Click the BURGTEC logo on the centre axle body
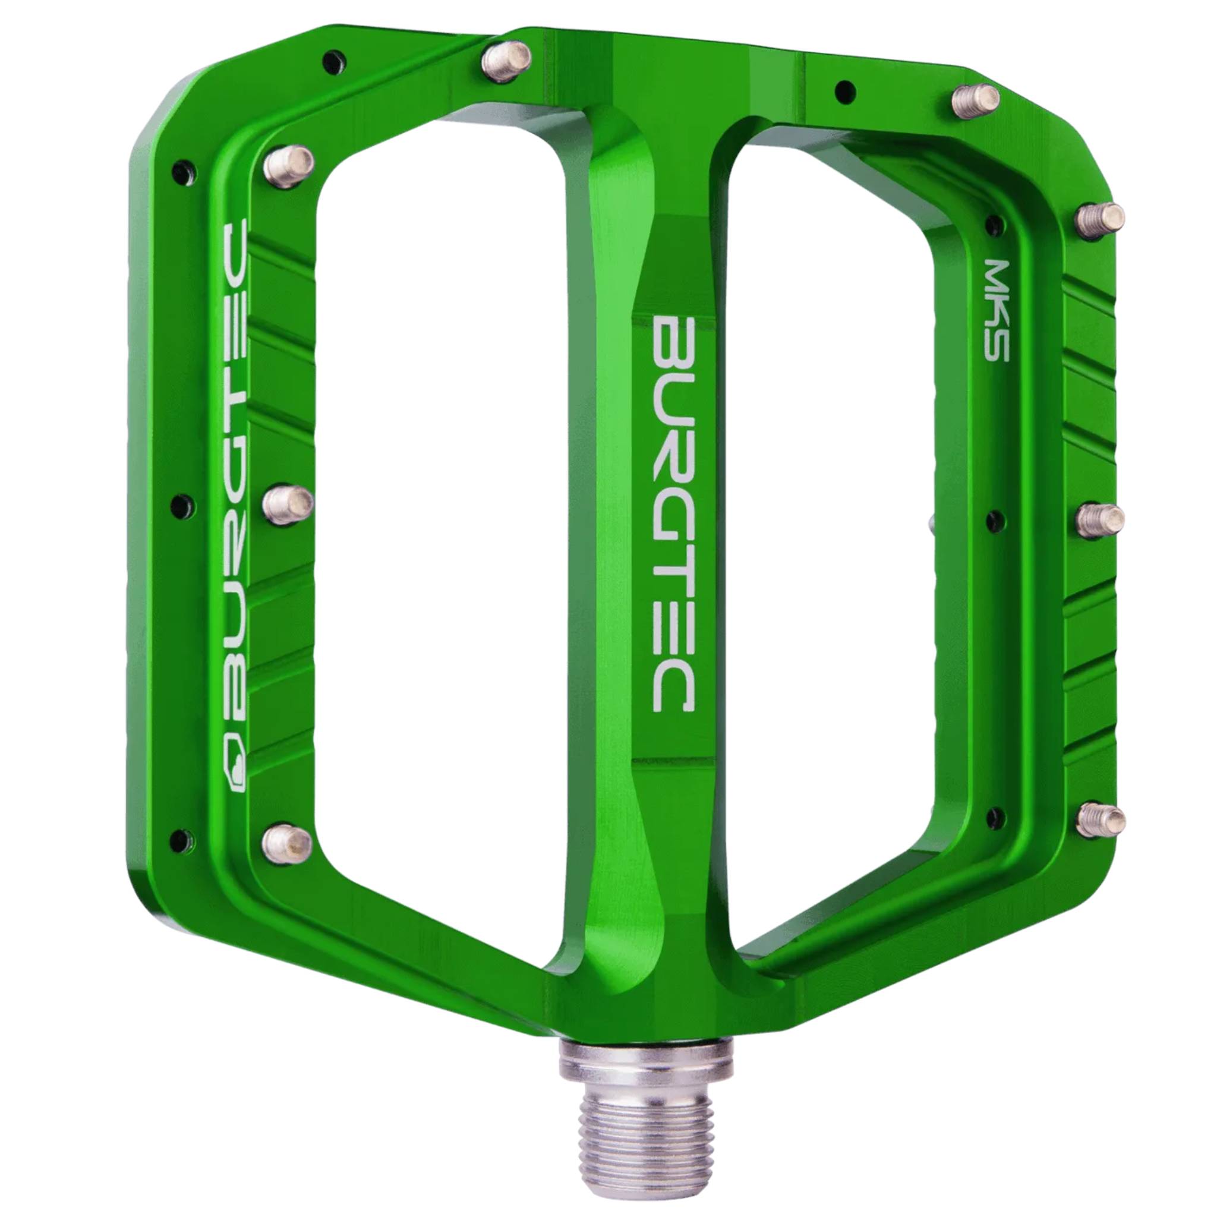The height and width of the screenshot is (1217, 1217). point(673,515)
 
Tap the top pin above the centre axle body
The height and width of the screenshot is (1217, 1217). point(506,61)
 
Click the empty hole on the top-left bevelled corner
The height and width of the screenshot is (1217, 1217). point(333,61)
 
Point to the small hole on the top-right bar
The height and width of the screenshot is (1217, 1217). point(845,92)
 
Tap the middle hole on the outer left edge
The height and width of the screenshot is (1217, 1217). point(181,503)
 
